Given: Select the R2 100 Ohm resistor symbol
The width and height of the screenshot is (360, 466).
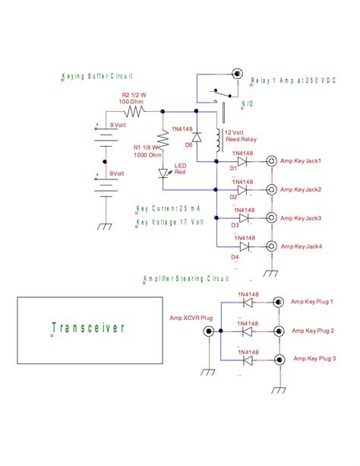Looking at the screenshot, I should tap(136, 111).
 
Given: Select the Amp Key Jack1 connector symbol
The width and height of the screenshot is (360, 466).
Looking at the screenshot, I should tap(270, 161).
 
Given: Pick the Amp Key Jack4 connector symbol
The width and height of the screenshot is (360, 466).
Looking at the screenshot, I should tap(270, 246).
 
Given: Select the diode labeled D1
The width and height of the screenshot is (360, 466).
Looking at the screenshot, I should tap(243, 161).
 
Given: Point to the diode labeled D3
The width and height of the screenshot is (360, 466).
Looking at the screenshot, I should tap(243, 218).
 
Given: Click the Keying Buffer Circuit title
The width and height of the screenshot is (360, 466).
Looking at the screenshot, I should tap(98, 77).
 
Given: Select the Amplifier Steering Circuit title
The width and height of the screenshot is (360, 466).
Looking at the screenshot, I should tap(185, 279).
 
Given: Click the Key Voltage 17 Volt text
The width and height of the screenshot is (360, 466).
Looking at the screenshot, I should tap(170, 221).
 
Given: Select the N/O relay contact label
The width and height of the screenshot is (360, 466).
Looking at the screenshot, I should tap(248, 103).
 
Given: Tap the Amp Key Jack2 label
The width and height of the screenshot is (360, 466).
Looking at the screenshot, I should tap(301, 189).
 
